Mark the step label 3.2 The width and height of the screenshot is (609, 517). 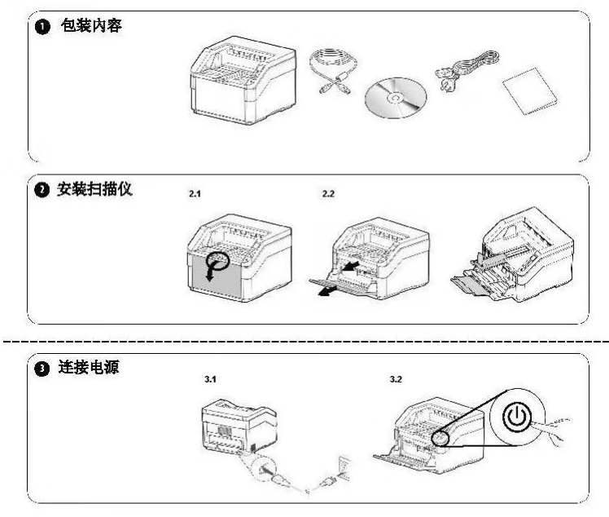point(397,380)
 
